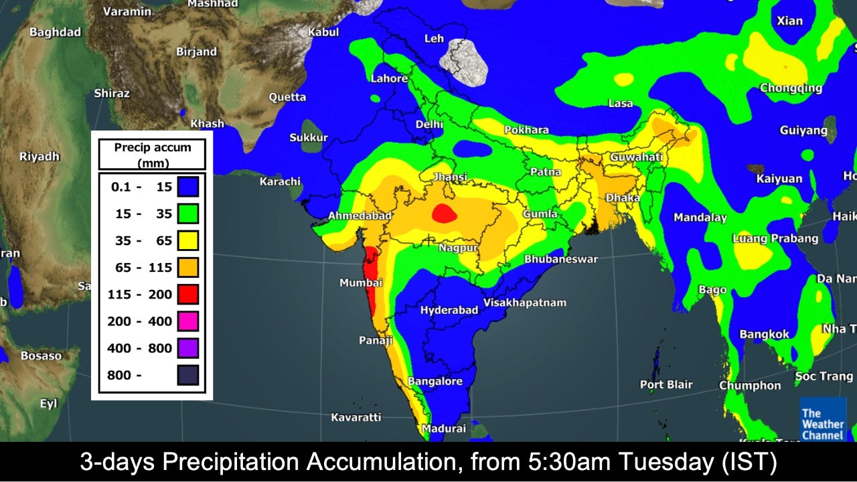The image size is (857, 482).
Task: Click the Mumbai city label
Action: (x=361, y=283)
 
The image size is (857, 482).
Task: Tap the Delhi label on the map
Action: (x=429, y=125)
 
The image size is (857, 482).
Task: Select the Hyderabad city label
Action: (x=449, y=311)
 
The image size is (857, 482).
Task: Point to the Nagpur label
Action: (x=459, y=248)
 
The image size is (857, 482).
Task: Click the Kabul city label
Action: (x=323, y=32)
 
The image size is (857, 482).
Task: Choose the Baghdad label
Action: (x=55, y=32)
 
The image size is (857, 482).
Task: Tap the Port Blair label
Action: (x=666, y=385)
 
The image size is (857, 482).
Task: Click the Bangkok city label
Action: (x=764, y=335)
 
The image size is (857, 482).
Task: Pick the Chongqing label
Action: (x=791, y=88)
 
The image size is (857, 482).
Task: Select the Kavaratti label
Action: (x=356, y=418)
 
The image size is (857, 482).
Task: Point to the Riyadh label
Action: (x=40, y=157)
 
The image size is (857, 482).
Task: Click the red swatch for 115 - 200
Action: (x=188, y=294)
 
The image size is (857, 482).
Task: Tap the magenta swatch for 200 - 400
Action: (x=188, y=321)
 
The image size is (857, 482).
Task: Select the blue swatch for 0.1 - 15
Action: (x=188, y=187)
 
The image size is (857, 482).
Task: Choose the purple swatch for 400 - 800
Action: (x=188, y=348)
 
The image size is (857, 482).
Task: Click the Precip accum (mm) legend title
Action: (x=152, y=155)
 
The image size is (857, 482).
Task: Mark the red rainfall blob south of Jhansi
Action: (x=443, y=214)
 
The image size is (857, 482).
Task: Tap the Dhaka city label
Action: (x=623, y=198)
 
